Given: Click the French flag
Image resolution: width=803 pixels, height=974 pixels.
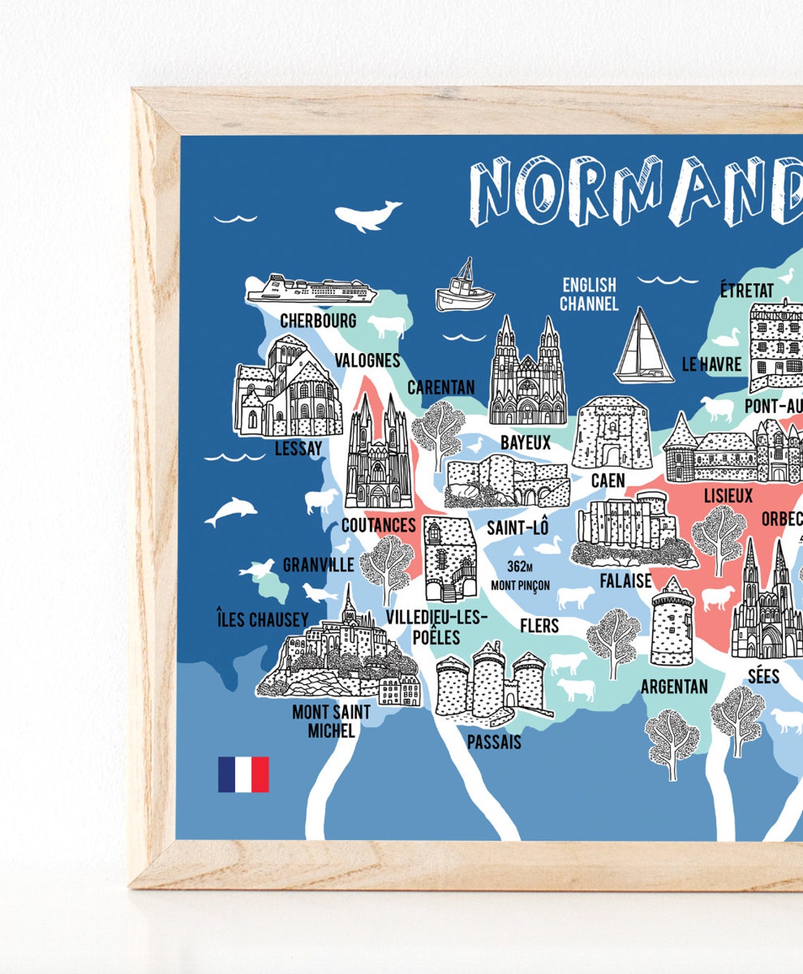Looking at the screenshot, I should tap(243, 774).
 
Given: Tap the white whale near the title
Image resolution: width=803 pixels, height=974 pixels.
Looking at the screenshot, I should tap(366, 216).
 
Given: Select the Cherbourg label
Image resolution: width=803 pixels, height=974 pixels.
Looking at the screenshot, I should tap(318, 321).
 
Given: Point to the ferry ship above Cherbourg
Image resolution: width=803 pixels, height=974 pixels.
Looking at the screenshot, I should tap(310, 289).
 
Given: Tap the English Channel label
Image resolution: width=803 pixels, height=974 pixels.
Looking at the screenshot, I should tap(589, 294).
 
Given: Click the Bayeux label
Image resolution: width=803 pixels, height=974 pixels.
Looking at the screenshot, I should tap(525, 443).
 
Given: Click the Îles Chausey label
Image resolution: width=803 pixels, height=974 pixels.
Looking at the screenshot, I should tap(262, 619).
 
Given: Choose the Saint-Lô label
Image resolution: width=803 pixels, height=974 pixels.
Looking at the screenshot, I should tap(518, 527).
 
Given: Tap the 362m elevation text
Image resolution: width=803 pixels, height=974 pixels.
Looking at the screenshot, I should tap(520, 566).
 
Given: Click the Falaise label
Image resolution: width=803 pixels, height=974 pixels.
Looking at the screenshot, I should tap(625, 581).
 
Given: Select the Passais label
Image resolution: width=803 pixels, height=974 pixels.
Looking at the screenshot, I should tap(494, 741).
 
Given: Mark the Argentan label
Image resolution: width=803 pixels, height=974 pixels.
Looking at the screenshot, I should tap(674, 686).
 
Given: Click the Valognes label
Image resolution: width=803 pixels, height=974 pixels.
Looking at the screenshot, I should tap(367, 360).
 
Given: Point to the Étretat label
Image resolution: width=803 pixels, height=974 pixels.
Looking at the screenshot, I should tap(747, 290).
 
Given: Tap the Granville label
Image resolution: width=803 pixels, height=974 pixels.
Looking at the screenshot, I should tap(318, 565).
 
